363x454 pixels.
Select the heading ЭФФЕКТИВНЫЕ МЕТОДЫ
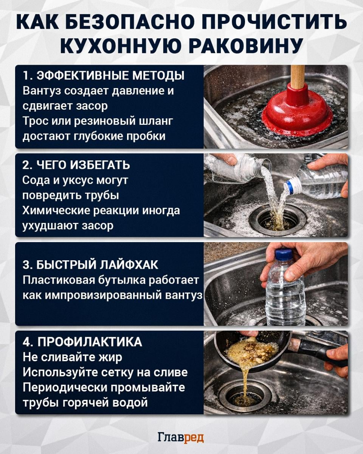(110, 75)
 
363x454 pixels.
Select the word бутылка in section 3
(109, 280)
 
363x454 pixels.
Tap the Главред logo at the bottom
(181, 438)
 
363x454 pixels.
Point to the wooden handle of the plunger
(298, 76)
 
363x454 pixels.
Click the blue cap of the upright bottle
(284, 254)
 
